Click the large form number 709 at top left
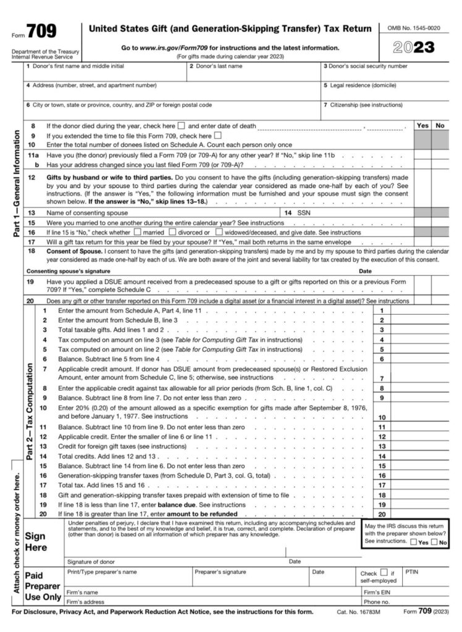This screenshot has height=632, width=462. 41,30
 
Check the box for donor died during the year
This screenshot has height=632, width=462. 182,126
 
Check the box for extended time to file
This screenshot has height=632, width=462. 217,136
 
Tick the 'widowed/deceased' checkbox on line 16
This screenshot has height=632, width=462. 219,233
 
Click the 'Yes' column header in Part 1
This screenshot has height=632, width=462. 423,125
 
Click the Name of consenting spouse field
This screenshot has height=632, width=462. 154,212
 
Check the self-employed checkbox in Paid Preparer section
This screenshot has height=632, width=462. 384,573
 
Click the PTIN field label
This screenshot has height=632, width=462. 412,572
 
